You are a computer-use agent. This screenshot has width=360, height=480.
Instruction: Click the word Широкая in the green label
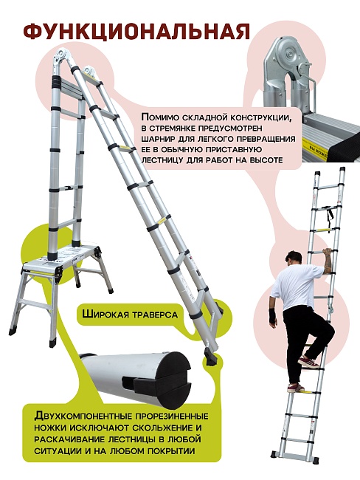click(x=108, y=315)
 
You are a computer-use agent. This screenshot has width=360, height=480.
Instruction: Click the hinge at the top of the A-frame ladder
click(x=62, y=57)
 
